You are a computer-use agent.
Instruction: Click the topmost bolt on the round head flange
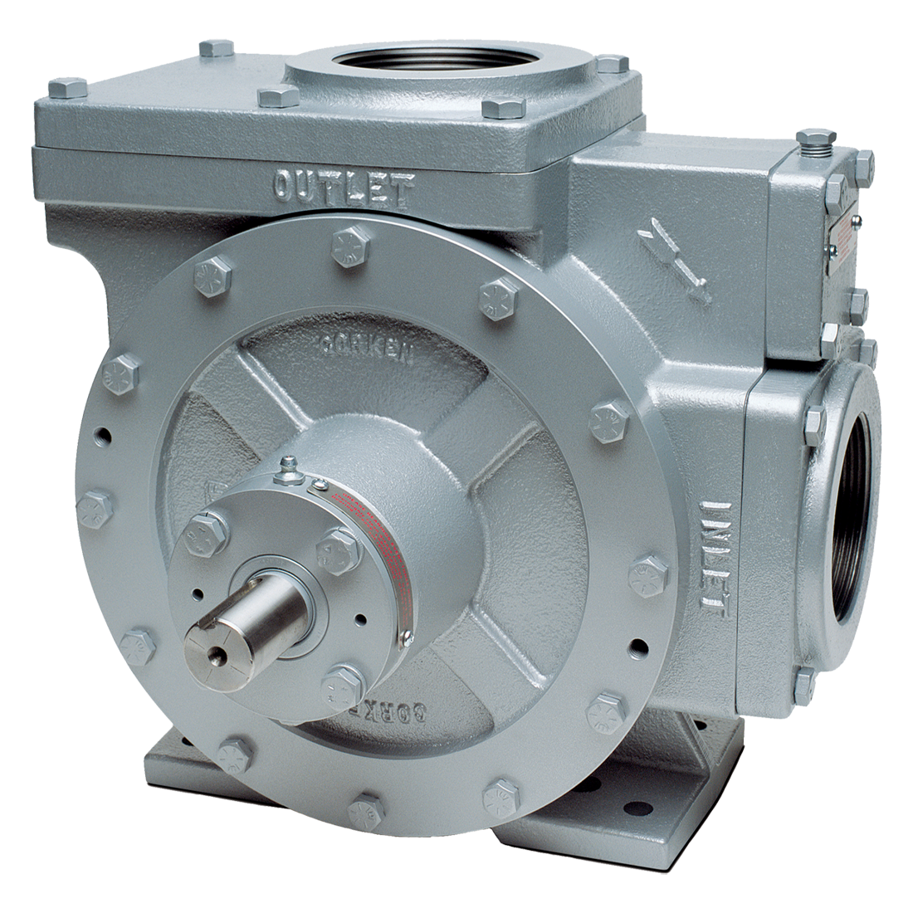point(348,246)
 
